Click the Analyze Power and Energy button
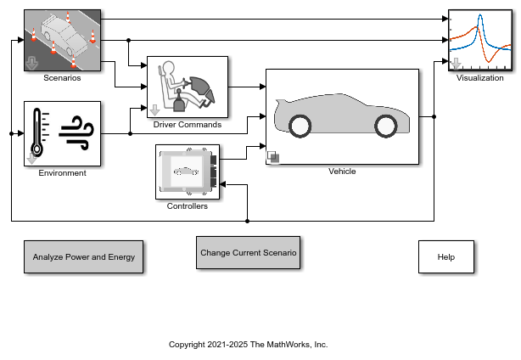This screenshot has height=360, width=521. click(83, 257)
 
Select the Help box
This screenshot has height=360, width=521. click(446, 257)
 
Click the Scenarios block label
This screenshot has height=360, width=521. click(62, 78)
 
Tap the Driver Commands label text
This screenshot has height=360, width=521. click(188, 125)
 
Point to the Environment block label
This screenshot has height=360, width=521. click(62, 173)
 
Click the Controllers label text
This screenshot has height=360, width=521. click(188, 206)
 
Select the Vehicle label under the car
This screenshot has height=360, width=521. click(342, 172)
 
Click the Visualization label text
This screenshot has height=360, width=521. click(479, 78)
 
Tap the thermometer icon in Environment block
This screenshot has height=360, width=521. click(37, 132)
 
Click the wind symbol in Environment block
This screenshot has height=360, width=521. click(76, 133)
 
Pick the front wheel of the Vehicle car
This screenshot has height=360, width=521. click(386, 127)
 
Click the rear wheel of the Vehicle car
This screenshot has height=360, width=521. click(300, 127)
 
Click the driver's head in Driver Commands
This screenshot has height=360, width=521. click(169, 67)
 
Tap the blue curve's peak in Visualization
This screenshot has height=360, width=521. click(479, 15)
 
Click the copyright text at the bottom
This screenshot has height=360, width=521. click(249, 345)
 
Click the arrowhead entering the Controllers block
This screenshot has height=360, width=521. click(223, 184)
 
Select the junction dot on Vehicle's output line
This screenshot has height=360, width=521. click(434, 116)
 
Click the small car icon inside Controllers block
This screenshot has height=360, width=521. click(186, 172)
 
